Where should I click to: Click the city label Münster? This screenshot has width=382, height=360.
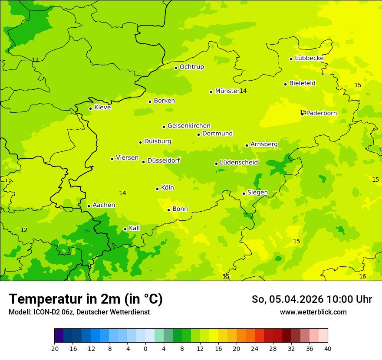click(227, 91)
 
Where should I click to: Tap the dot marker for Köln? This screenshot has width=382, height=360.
click(157, 189)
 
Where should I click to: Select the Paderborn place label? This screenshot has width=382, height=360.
click(322, 113)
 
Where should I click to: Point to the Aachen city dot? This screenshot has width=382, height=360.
click(89, 206)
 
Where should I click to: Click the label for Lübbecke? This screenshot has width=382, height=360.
click(309, 58)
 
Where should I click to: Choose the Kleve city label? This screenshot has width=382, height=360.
click(102, 108)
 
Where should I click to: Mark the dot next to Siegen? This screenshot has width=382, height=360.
click(244, 193)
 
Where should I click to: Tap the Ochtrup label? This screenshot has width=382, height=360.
click(191, 67)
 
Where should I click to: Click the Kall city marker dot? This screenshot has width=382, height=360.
click(125, 229)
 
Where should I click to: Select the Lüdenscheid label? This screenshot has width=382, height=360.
click(239, 163)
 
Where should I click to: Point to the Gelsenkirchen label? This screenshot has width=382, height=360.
click(189, 126)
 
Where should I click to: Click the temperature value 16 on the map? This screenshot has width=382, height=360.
click(362, 276)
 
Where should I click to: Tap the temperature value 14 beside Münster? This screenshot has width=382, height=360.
click(243, 91)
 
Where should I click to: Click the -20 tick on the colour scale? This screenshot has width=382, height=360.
click(54, 348)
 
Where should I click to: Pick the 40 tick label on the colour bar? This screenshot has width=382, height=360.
click(328, 348)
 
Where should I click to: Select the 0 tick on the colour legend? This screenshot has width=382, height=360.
click(145, 348)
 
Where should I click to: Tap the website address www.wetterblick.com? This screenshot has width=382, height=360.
click(313, 312)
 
